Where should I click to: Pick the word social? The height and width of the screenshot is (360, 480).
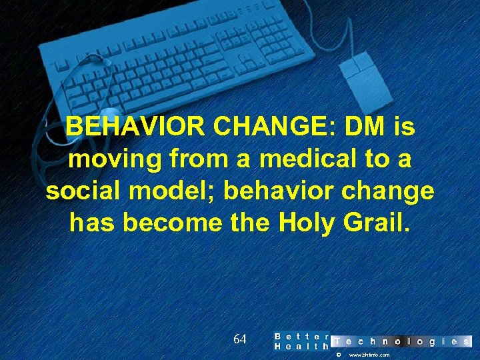point(83,191)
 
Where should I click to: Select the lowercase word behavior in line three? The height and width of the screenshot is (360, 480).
point(283,191)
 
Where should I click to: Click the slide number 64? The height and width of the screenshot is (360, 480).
point(240,339)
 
